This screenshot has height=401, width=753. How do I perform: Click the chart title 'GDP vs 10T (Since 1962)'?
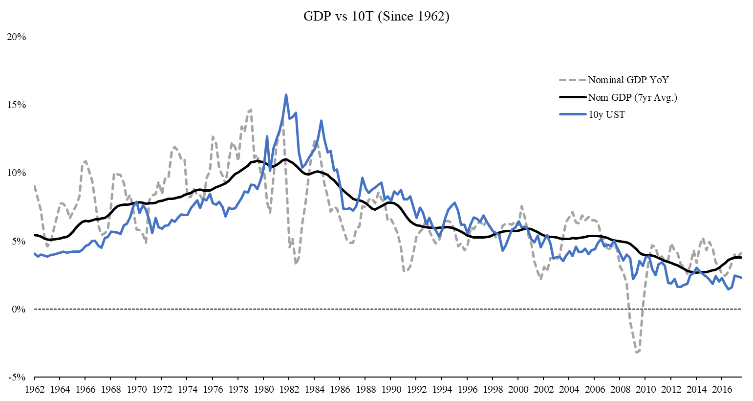point(376,16)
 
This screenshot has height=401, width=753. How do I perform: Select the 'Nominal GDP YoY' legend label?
point(628,80)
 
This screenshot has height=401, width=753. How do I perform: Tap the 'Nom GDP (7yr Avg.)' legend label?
point(632,97)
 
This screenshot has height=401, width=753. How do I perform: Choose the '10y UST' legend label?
point(606,115)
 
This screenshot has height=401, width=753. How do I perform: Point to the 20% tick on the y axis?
point(16,37)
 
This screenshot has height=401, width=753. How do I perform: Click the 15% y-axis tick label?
point(16,105)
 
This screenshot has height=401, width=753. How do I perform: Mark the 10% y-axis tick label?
point(16,173)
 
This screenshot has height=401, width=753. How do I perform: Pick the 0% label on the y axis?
point(19,309)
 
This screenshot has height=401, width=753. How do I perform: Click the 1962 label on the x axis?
point(35,390)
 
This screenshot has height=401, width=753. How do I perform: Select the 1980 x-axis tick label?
point(263,390)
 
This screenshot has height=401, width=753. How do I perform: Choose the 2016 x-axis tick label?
point(722,390)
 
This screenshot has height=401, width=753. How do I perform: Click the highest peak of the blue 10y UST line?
point(286,94)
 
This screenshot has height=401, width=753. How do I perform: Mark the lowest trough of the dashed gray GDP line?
point(636,352)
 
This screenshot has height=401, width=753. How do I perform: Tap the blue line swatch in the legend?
point(573,115)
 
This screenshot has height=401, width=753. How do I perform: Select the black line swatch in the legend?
point(573,97)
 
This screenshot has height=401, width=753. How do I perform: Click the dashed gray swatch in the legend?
point(573,80)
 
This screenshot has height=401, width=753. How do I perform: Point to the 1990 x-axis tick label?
point(391,390)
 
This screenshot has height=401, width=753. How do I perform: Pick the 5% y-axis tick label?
point(19,241)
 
